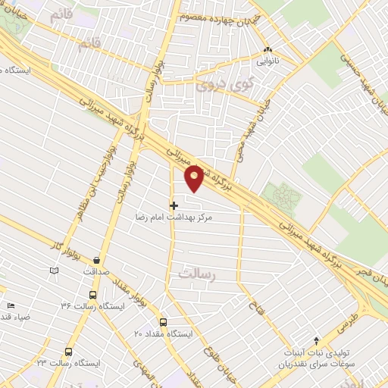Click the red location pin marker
tap(195, 177)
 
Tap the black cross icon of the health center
tap(174, 205)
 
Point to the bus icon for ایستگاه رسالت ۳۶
tap(92, 295)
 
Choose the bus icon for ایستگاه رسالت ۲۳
tap(69, 352)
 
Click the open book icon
tap(54, 270)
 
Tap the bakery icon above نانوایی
tap(267, 51)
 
